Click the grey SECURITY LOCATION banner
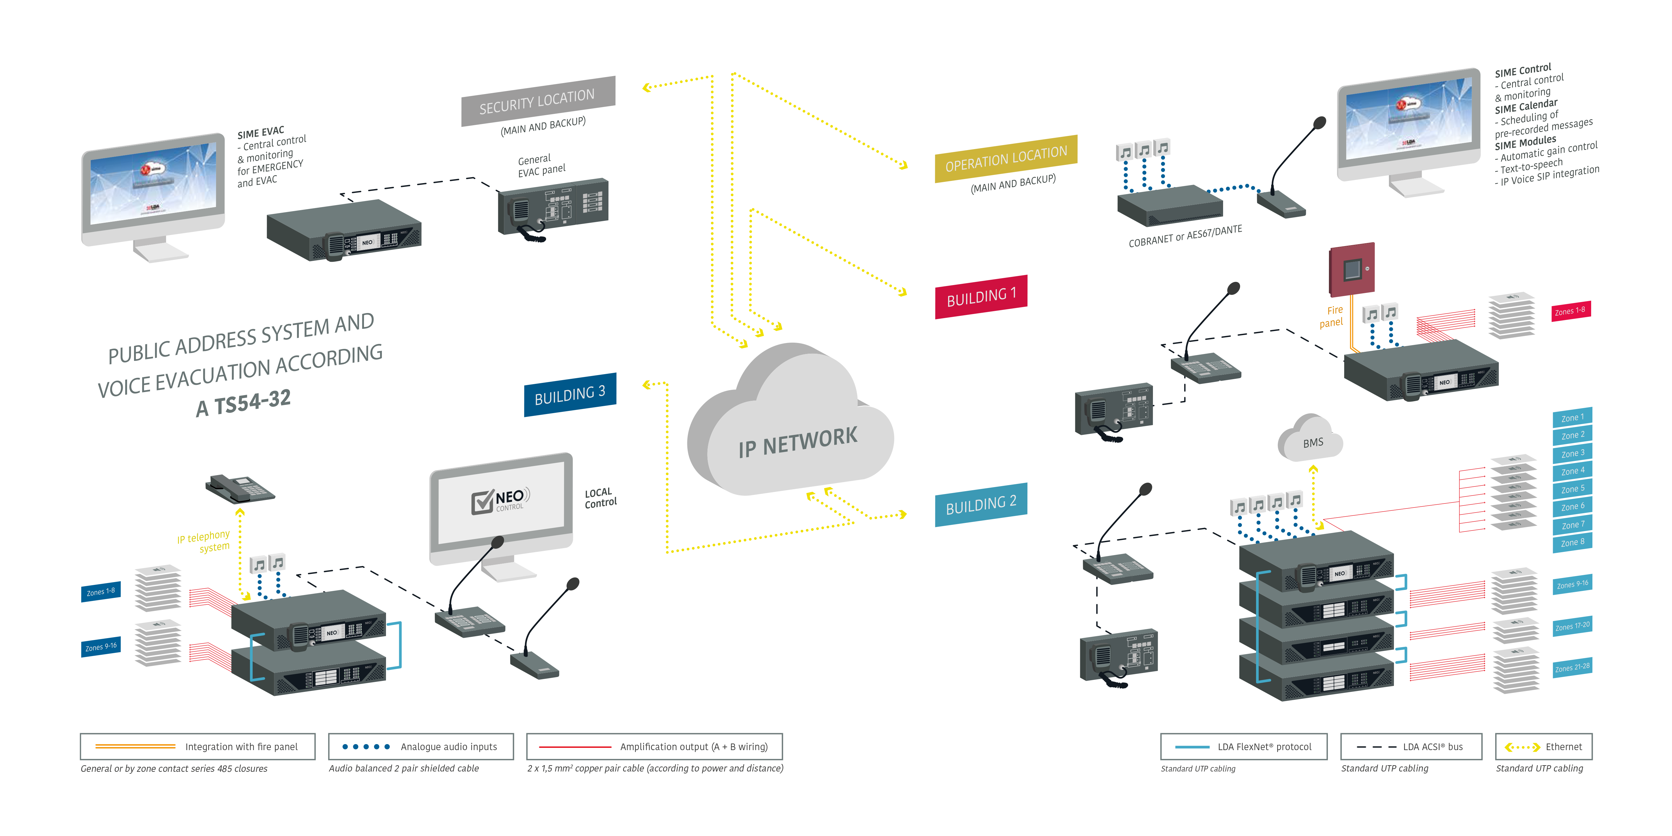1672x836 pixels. (x=537, y=101)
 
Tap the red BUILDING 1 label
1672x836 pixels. (x=981, y=297)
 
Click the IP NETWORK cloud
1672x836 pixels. (x=792, y=429)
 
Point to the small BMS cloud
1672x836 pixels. (x=1311, y=440)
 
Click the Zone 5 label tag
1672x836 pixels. (x=1572, y=489)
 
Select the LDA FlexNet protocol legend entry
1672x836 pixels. (x=1243, y=746)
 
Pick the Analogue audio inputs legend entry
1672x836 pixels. (x=421, y=746)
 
